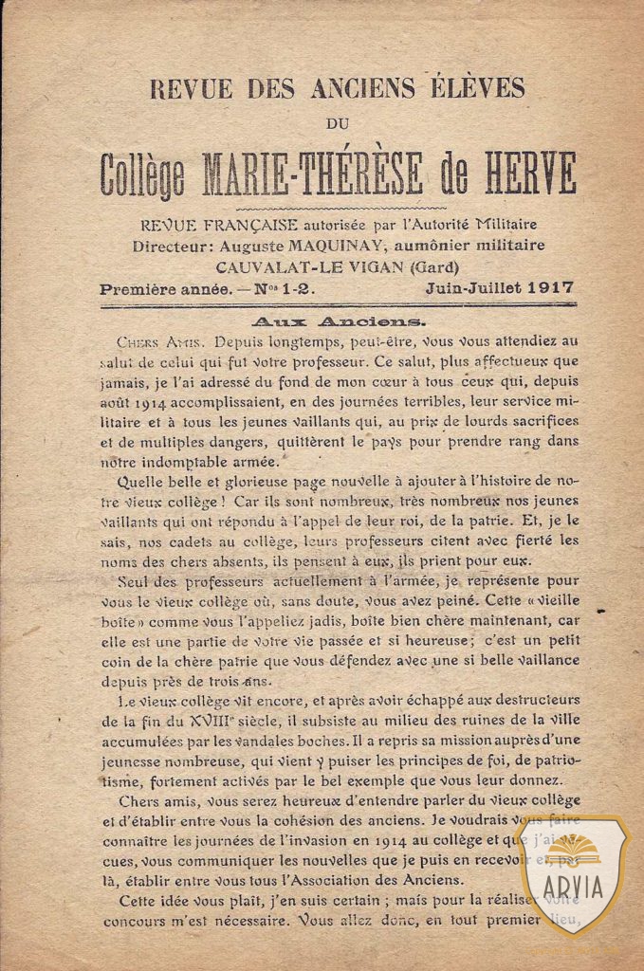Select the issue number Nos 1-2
(281, 286)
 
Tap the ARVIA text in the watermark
(572, 888)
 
